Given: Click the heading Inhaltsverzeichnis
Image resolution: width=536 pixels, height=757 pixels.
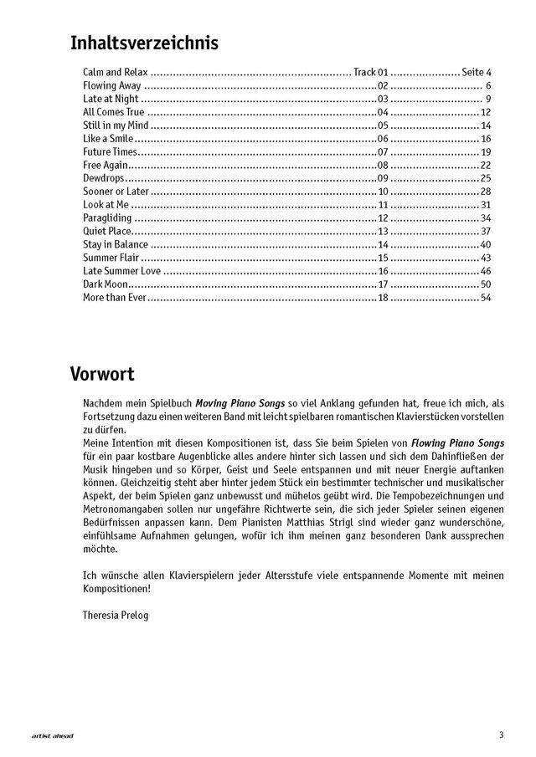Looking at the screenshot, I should click(x=145, y=43).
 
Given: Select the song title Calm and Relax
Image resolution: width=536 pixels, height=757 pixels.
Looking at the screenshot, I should click(x=116, y=73).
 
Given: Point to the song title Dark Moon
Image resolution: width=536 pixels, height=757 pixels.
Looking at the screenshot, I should click(x=105, y=284).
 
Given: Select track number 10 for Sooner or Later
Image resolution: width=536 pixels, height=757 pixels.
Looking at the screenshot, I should click(x=384, y=192).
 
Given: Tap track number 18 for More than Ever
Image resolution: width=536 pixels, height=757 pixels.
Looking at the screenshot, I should click(x=384, y=298).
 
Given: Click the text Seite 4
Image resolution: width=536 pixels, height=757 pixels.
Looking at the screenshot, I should click(x=476, y=73).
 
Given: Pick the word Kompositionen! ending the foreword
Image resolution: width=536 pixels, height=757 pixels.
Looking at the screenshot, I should click(x=118, y=589).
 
